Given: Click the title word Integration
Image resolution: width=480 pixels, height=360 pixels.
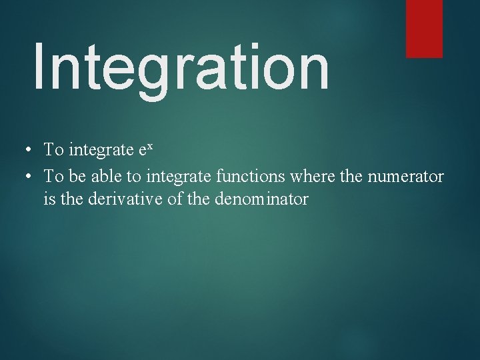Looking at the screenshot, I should point(180,67).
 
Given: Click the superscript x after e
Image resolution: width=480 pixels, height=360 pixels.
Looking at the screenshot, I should point(150,146).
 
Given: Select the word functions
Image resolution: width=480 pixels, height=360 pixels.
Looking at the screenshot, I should point(246,177).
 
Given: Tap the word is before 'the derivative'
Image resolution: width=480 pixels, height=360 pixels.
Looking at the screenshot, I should point(49,199).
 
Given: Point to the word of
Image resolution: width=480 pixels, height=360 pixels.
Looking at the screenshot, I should point(175,199).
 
